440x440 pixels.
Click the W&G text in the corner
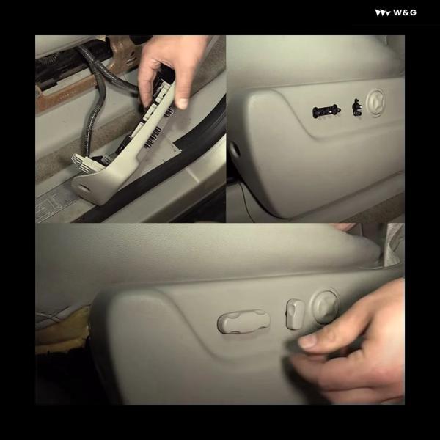[405, 12]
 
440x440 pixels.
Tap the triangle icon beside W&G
[383, 13]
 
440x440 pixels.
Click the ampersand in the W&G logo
[405, 12]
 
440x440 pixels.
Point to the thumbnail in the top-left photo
[183, 103]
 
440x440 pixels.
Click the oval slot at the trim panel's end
[83, 187]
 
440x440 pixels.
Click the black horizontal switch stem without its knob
[326, 111]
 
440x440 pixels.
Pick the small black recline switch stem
[357, 108]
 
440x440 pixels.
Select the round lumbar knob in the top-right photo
[375, 102]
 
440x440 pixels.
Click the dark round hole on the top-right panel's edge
[235, 150]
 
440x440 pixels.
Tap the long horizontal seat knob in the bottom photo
[243, 322]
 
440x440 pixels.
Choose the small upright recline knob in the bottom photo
[295, 314]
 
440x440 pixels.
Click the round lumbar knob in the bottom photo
[325, 305]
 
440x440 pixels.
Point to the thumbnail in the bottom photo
[309, 342]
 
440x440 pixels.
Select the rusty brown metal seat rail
[84, 84]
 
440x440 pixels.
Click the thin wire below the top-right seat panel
[245, 199]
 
